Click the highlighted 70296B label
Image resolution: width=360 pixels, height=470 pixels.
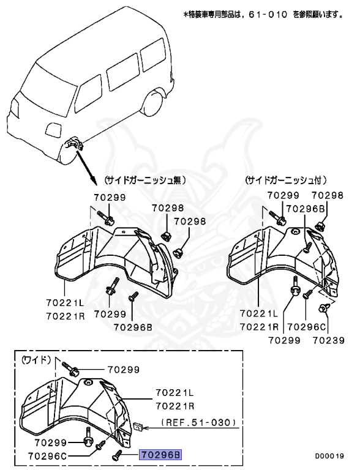point(161,455)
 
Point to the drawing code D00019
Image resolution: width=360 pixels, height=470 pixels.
point(329,456)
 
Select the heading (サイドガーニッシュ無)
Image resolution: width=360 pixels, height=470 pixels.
point(144,181)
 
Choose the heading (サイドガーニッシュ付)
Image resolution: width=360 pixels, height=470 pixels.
point(285,181)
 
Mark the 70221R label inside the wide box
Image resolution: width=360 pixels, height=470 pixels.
point(174,405)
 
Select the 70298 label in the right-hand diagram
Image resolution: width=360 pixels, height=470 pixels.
point(326,195)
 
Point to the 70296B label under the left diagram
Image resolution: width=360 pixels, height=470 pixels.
point(132,327)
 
